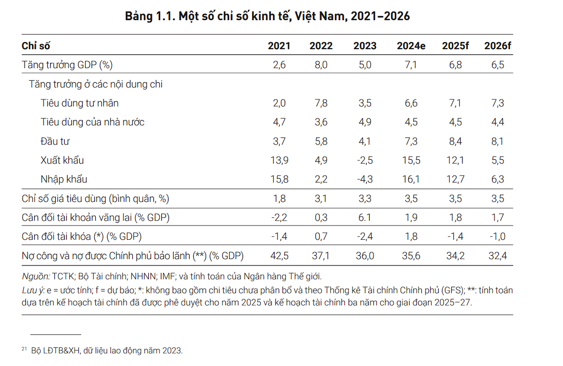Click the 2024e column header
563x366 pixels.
pos(411,46)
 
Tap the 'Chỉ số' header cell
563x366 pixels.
pos(36,46)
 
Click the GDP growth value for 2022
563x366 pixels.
pos(321,65)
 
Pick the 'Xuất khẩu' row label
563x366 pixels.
pos(62,160)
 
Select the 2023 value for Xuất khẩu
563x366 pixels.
pos(365,160)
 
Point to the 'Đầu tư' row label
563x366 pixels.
pos(55,141)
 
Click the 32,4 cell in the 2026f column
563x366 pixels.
pos(496,256)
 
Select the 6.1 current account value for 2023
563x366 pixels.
pos(365,218)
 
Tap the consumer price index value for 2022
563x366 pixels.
pos(321,198)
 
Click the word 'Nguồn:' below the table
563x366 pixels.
pos(36,276)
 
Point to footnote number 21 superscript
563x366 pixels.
pos(24,349)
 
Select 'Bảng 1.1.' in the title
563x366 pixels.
pos(149,16)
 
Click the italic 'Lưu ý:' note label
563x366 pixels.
pos(33,290)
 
